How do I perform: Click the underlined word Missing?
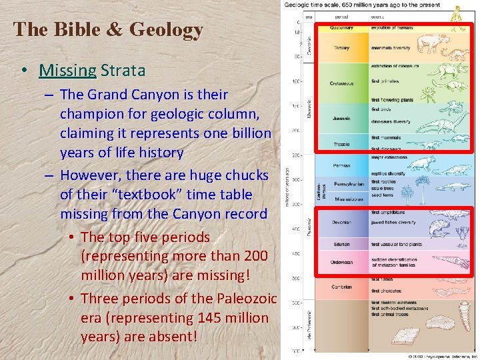coord(67,70)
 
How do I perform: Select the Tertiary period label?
coord(341,47)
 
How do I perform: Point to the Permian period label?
coord(341,165)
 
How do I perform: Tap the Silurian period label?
coord(341,245)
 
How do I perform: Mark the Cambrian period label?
coord(342,287)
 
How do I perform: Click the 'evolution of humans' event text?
coord(393,27)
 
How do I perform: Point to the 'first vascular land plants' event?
coord(397,244)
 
